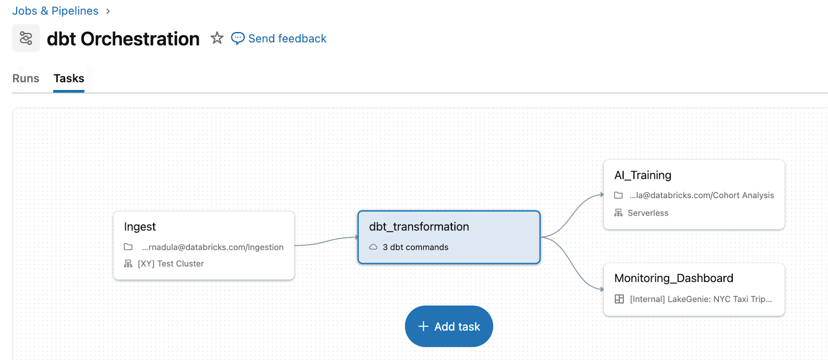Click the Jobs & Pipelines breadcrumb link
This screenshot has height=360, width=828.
55,11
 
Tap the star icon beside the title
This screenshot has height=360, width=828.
217,38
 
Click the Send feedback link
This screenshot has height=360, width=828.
287,39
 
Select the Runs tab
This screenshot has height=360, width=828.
26,78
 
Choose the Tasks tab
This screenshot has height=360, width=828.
69,78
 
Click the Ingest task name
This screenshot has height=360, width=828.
140,227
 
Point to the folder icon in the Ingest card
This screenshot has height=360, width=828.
128,247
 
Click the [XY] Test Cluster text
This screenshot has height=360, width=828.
171,264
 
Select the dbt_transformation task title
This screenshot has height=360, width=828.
419,227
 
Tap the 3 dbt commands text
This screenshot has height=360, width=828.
416,247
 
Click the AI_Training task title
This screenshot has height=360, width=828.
643,175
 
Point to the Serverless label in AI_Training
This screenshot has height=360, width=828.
648,213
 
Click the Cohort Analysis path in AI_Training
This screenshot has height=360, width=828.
702,196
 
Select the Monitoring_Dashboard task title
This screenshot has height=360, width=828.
674,278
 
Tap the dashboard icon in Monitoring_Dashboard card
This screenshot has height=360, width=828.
619,299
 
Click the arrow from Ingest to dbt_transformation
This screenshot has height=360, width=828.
326,241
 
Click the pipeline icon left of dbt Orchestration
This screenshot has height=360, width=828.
26,38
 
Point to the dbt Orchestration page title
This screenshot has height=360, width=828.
123,39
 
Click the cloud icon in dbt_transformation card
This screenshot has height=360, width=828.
373,247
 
